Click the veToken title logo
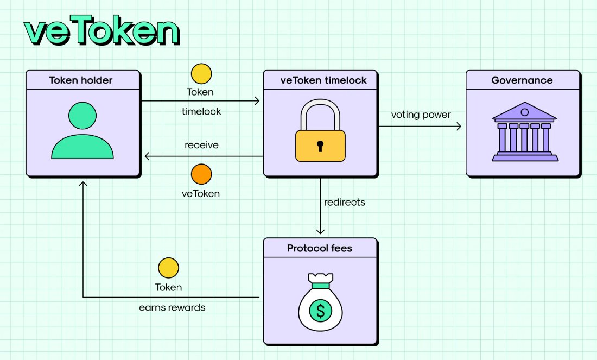(101, 33)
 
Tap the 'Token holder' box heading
(81, 80)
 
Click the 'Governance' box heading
(522, 80)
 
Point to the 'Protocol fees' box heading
(320, 249)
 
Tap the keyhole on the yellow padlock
(320, 145)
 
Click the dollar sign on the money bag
(321, 311)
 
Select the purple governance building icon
(524, 133)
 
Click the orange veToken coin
(201, 174)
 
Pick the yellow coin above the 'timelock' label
(201, 74)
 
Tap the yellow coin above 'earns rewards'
(168, 268)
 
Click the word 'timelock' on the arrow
(201, 112)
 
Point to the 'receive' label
(201, 145)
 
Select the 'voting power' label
(421, 115)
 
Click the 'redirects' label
(345, 203)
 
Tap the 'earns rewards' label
(172, 307)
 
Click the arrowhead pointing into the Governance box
(459, 127)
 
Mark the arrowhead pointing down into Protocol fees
(321, 231)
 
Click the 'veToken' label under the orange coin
(201, 193)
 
